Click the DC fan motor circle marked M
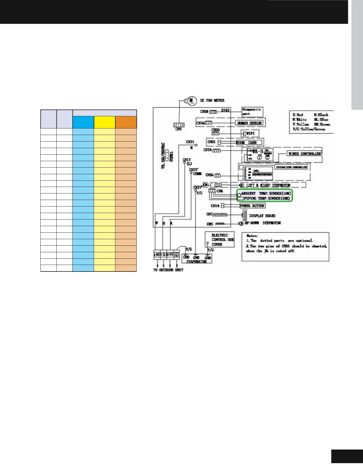(x=191, y=100)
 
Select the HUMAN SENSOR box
(x=249, y=123)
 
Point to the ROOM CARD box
(x=249, y=142)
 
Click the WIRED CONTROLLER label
(x=304, y=154)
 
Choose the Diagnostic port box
(x=252, y=112)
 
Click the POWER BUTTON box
(x=252, y=206)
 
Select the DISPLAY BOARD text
(x=262, y=216)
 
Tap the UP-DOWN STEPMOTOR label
(x=262, y=223)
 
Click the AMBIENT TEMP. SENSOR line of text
(x=266, y=193)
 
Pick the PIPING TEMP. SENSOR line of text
(x=266, y=198)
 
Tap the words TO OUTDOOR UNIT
(x=168, y=270)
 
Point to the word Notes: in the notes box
(x=252, y=236)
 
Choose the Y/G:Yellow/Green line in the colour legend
(x=309, y=129)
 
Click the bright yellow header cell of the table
(x=104, y=122)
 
